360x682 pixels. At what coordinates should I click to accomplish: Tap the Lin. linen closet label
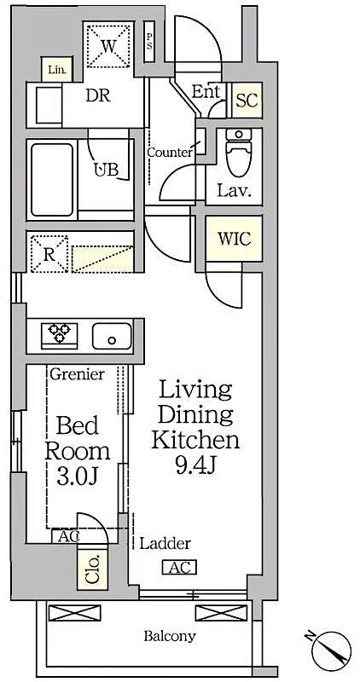56,69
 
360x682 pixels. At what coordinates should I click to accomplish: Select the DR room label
98,95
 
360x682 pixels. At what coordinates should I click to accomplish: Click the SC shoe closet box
247,100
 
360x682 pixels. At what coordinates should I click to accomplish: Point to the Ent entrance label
206,92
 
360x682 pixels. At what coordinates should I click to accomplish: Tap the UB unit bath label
106,169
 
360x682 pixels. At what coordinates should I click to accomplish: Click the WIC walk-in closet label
235,239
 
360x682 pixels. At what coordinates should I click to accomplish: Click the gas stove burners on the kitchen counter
59,333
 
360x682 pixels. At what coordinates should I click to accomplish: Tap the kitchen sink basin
112,335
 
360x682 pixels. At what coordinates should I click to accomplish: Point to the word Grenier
77,374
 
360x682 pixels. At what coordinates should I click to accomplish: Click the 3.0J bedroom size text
77,474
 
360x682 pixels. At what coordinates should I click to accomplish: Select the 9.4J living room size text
195,465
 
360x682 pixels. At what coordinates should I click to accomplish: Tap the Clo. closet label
92,567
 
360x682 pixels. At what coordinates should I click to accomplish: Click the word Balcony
170,636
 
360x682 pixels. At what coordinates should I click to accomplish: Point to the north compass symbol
331,653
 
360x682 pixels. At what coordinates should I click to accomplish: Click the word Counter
169,153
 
